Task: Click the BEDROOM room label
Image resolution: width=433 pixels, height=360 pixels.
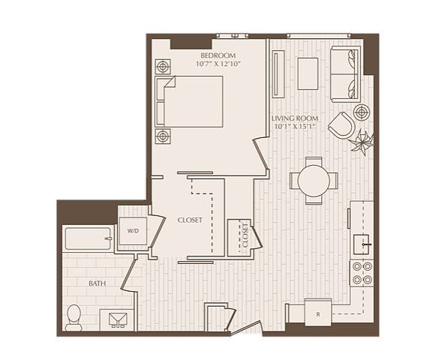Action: pos(218,55)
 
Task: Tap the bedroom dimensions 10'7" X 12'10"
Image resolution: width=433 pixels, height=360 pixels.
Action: pos(218,64)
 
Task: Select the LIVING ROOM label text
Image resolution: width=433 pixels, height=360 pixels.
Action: pos(295,118)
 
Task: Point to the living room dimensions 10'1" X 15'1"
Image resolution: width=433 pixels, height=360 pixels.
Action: pos(295,127)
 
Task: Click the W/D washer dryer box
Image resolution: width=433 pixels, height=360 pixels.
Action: pos(133,231)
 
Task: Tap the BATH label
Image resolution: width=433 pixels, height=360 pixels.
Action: pos(98,283)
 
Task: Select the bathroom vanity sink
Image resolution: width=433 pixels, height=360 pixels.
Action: pos(118,319)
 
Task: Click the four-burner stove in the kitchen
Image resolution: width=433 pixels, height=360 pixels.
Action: pos(362,273)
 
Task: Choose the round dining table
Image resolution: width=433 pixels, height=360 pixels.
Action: pos(314,181)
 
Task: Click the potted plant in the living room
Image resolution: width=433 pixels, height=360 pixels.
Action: pos(362,142)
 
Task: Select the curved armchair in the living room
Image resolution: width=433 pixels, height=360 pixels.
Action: pos(341,125)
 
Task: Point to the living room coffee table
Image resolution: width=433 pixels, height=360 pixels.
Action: pos(308,73)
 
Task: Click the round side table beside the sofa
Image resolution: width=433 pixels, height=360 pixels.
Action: pos(361,112)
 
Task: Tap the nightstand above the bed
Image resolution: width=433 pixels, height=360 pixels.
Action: pos(163,67)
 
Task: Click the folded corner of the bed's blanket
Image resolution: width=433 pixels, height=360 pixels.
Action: pos(170,82)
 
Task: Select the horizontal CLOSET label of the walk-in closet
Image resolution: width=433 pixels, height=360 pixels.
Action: pos(190,220)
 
